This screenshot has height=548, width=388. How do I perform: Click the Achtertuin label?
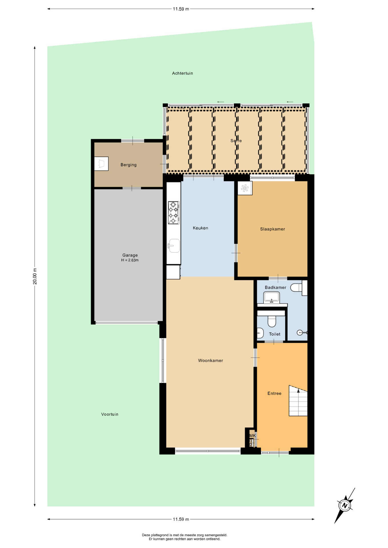coord(182,73)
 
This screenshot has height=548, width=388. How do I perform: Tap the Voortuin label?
coord(110,414)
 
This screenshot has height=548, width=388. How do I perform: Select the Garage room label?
coord(130,255)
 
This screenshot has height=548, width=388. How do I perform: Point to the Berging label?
coord(129,165)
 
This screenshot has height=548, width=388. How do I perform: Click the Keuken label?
coord(200,228)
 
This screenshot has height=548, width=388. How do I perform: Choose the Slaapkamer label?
coord(273,229)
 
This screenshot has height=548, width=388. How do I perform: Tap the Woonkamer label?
coord(211,360)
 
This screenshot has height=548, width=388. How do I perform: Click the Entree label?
coord(274,393)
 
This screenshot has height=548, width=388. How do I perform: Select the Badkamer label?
coord(275,287)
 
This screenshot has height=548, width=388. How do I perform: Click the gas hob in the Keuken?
coord(174,213)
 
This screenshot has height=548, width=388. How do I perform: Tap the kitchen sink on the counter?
coord(174,246)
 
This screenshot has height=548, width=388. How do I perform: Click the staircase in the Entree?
coord(298,401)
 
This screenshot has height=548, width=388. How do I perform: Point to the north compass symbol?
coord(345,505)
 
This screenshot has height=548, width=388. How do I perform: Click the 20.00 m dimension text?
coord(35,276)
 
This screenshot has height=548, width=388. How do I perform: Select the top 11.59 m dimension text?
coord(181,9)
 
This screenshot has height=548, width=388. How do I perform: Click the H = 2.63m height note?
coord(130,260)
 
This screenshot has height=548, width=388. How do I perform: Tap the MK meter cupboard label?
coord(253,436)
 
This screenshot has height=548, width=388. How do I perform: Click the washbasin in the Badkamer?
coord(271,298)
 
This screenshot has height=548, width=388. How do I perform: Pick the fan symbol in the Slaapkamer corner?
coord(245,188)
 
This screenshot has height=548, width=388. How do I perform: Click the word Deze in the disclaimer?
coord(146,535)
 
